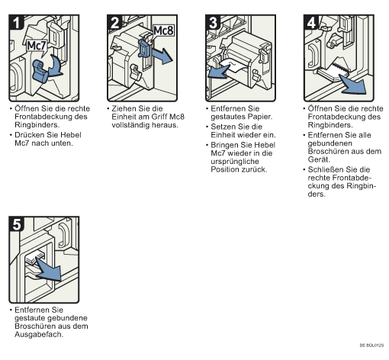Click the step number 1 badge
[x=16, y=22]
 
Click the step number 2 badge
[x=114, y=22]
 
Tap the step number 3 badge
[x=213, y=22]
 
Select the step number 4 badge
[x=311, y=22]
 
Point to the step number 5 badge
[x=16, y=224]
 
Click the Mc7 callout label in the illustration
[x=37, y=47]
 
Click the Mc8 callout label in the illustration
[x=163, y=31]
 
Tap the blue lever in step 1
[x=40, y=72]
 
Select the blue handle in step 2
[x=144, y=47]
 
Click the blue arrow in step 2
[x=162, y=56]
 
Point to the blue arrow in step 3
[x=218, y=72]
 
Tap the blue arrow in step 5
[x=49, y=269]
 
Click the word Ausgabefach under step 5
[x=39, y=334]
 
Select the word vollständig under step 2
[x=130, y=125]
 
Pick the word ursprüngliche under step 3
[x=235, y=162]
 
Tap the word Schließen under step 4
[x=326, y=169]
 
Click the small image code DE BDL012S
[x=371, y=346]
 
